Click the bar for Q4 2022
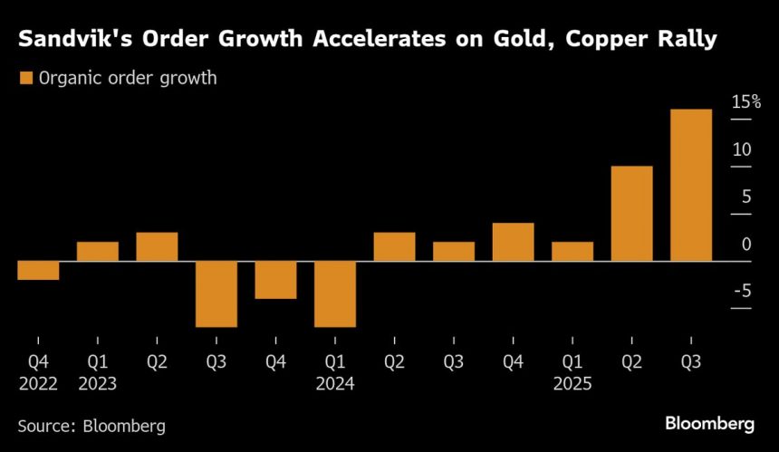pos(38,270)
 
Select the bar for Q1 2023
pos(97,252)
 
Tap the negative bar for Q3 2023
pos(216,293)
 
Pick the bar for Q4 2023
pos(275,280)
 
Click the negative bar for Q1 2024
pos(334,293)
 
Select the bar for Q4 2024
pos(513,242)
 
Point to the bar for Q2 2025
pos(631,214)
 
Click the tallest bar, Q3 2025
pos(690,186)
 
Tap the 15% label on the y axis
pos(746,101)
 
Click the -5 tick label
pos(742,291)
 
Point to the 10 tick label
pos(743,149)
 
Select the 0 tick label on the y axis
pos(746,244)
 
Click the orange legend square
pos(25,78)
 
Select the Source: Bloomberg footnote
pos(91,425)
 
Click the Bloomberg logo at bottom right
pos(710,423)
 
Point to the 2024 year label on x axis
pos(335,383)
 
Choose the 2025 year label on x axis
pos(572,383)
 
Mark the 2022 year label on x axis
pos(38,383)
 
